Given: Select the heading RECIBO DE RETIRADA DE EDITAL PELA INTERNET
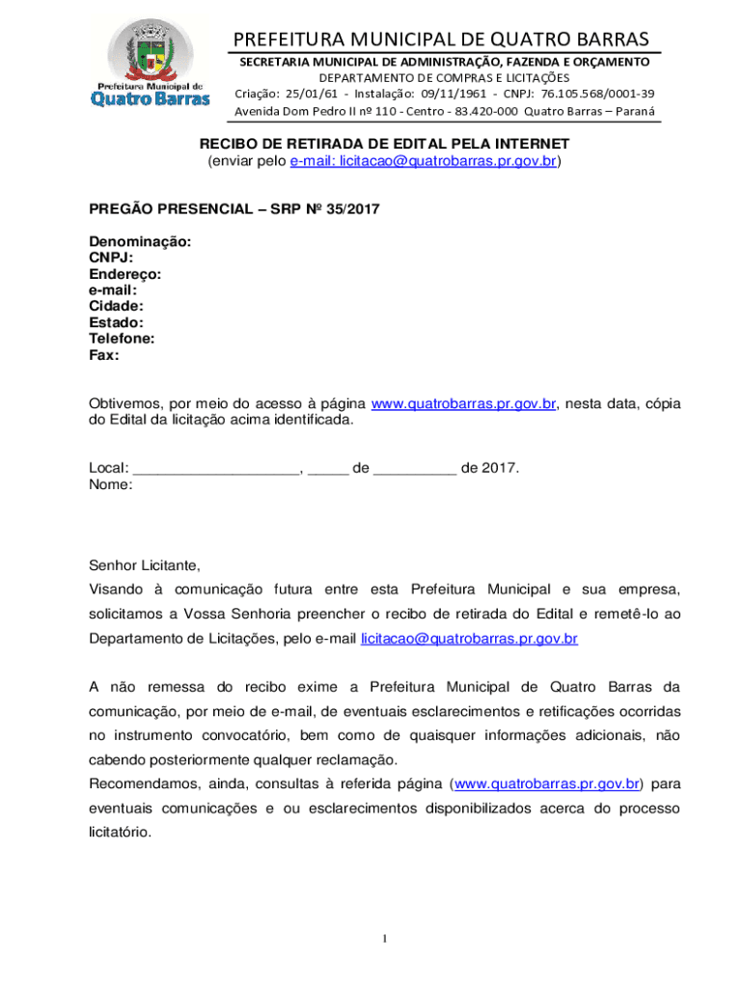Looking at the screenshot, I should [385, 144].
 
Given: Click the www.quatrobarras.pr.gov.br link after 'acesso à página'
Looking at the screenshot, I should [463, 404].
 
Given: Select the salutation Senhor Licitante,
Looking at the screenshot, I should [145, 565].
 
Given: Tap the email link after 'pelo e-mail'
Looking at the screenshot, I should [469, 638].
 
